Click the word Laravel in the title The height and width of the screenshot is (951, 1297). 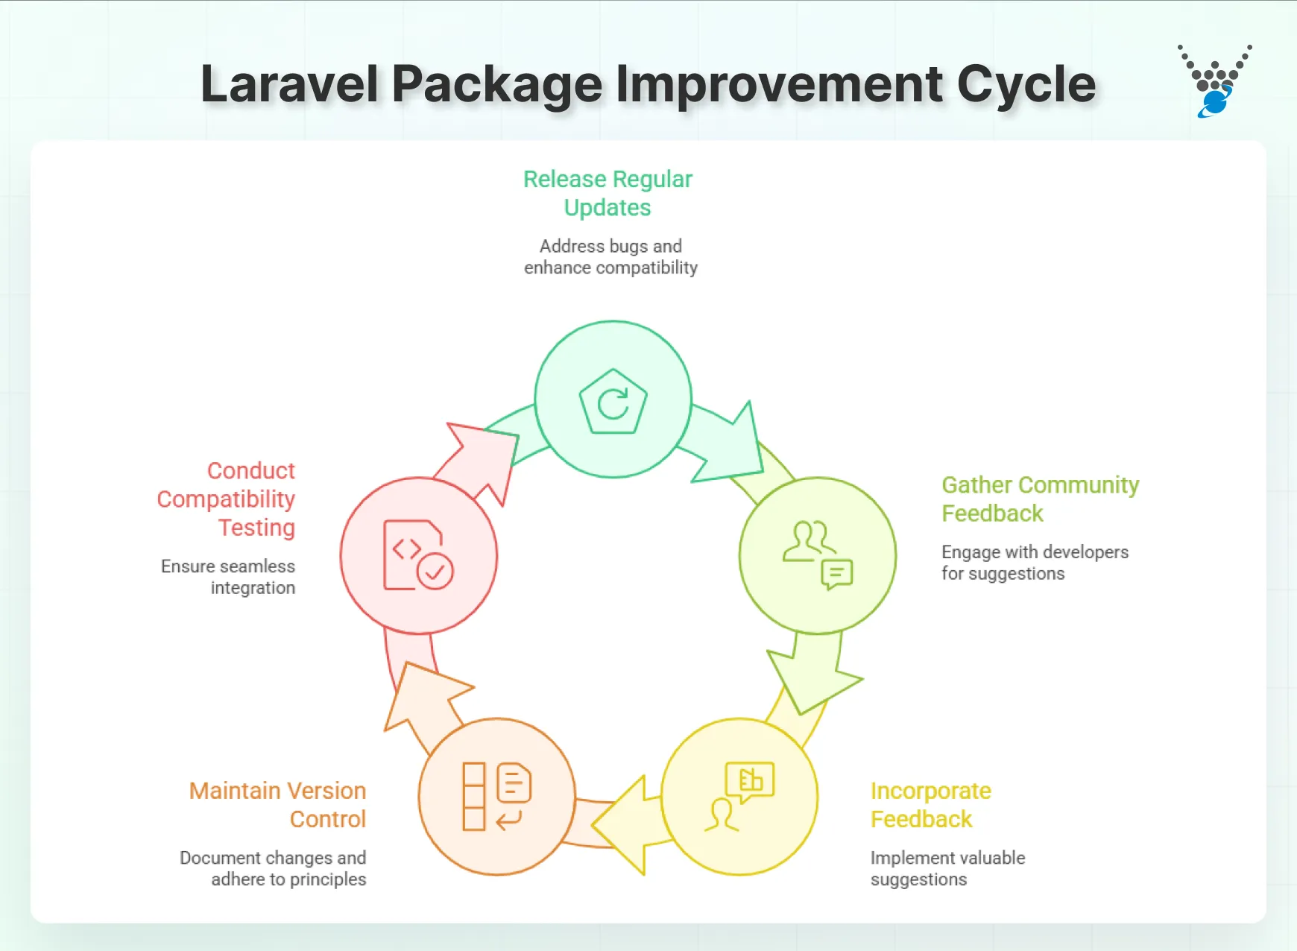pos(289,84)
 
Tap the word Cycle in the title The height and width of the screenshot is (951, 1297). pos(1026,84)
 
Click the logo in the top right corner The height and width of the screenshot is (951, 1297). pos(1214,82)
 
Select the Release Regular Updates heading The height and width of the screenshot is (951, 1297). pos(608,193)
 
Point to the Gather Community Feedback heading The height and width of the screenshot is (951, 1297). pos(1039,499)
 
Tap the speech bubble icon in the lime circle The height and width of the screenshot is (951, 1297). pos(836,574)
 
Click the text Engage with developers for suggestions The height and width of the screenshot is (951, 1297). pos(1034,563)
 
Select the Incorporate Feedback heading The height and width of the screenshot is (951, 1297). pos(930,804)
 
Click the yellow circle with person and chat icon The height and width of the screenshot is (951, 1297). pos(739,797)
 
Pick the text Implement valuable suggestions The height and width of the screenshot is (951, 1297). pos(947,868)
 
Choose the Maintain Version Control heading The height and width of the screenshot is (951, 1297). pos(277,804)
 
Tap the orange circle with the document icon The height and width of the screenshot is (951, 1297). pos(497,797)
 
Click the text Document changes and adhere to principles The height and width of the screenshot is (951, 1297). pos(273,868)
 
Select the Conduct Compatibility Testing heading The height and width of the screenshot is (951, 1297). pos(227,499)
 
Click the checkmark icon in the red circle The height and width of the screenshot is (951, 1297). pos(435,572)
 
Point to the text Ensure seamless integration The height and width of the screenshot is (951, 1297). pos(228,577)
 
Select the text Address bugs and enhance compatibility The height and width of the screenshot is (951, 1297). pos(610,256)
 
